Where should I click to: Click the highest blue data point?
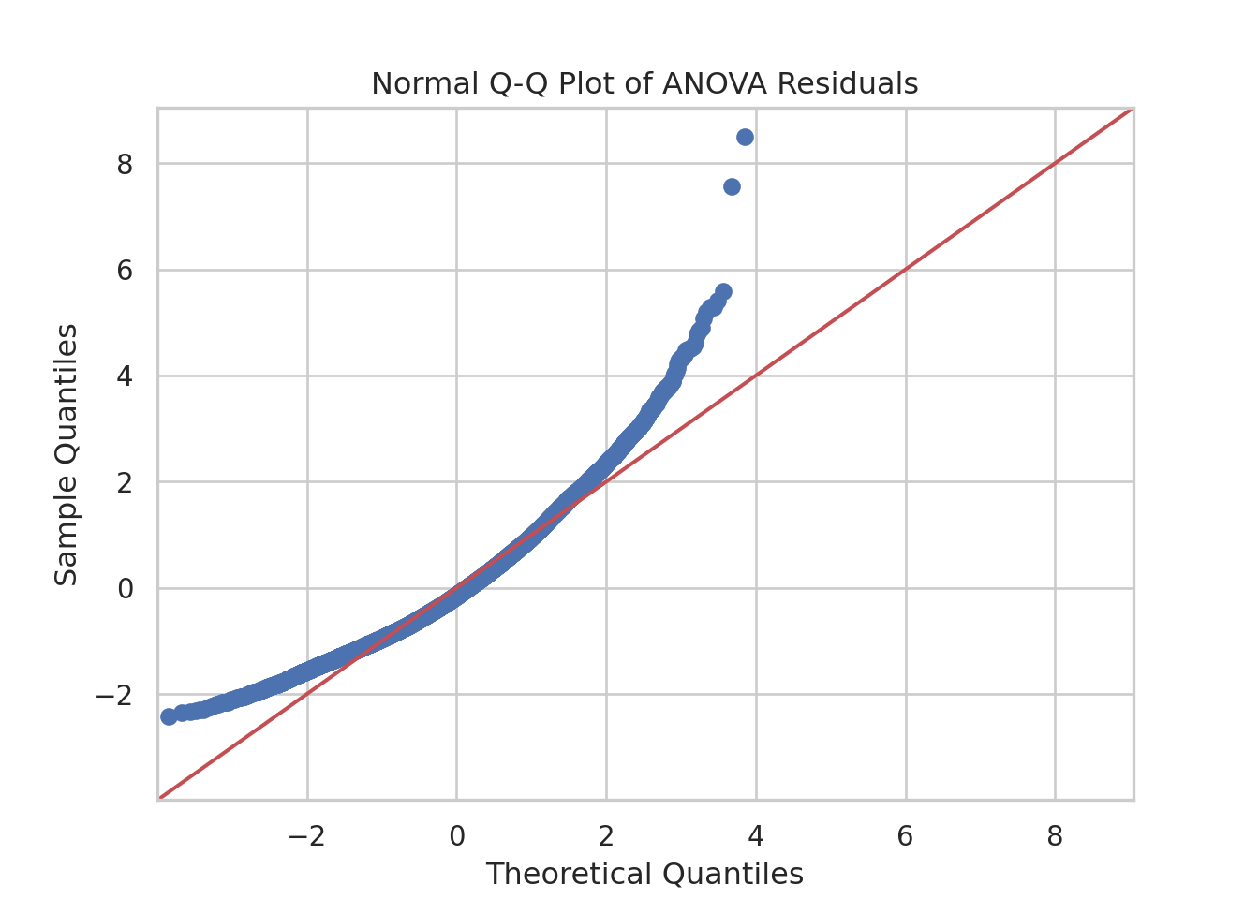(x=746, y=137)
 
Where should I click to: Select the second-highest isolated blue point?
(x=732, y=186)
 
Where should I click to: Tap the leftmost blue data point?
(x=169, y=716)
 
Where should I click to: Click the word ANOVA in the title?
(x=715, y=84)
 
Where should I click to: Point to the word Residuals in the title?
(x=848, y=84)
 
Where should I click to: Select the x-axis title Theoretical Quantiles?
(x=644, y=874)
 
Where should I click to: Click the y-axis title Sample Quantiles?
(x=66, y=454)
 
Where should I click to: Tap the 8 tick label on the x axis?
(x=1055, y=836)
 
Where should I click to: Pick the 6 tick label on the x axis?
(x=906, y=836)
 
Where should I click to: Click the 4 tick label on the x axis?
(x=756, y=836)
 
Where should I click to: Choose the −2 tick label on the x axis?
(x=307, y=836)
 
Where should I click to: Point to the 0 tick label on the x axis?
(x=457, y=836)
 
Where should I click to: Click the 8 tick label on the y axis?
(x=125, y=165)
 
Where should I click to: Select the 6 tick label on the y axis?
(x=125, y=271)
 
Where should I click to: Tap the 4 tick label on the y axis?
(x=125, y=376)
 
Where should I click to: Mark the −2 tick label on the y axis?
(x=114, y=696)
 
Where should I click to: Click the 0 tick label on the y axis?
(x=125, y=589)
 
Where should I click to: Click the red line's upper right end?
(x=1131, y=111)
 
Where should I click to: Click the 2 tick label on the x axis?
(x=606, y=836)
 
